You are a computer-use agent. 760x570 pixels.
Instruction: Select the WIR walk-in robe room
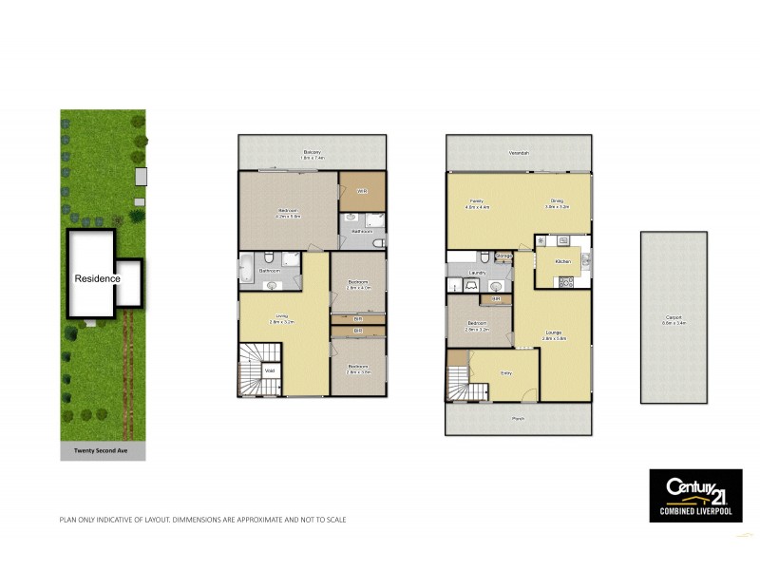pos(362,192)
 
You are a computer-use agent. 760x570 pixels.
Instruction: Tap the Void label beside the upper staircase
pos(269,370)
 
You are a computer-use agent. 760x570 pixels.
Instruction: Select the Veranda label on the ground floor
pos(518,152)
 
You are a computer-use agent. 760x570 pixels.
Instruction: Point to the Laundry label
pos(477,273)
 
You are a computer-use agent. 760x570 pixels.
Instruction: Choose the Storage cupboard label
pos(503,256)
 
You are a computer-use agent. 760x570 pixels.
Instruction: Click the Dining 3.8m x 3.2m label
pos(558,202)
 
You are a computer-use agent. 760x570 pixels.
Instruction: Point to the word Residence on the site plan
pos(98,278)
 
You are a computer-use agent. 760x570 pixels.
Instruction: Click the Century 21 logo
pos(694,494)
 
